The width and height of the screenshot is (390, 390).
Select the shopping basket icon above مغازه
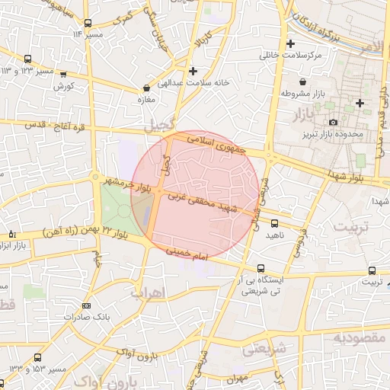click(x=145, y=88)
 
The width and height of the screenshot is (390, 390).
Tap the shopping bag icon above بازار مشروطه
click(x=303, y=82)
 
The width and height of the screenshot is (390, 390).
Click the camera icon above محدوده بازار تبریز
click(x=333, y=123)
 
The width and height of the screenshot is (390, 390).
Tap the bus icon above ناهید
click(x=274, y=224)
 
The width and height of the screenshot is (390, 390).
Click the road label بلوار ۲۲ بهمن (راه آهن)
click(x=82, y=229)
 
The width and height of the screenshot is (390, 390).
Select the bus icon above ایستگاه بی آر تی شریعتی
click(x=261, y=269)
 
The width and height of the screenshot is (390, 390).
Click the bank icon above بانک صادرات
click(x=85, y=305)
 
